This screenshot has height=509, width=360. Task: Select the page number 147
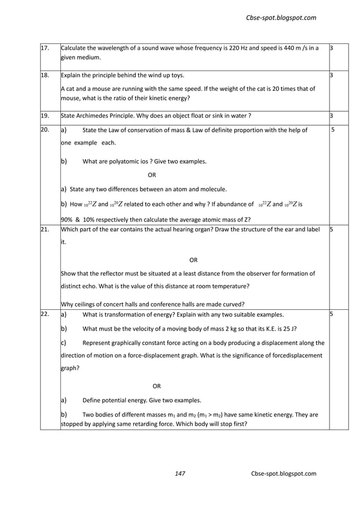[180, 473]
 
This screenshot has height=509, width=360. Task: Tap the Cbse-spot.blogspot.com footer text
[284, 473]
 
